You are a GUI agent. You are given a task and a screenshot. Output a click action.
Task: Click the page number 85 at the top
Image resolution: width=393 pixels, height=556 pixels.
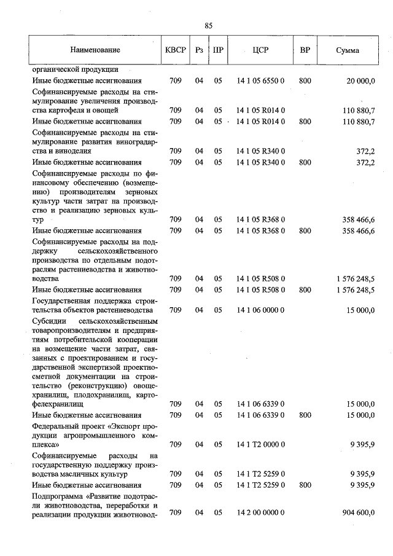point(208,25)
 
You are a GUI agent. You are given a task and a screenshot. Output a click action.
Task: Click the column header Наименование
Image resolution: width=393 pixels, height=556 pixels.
point(95,50)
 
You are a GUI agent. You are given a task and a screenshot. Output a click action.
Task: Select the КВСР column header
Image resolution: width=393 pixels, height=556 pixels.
point(175,50)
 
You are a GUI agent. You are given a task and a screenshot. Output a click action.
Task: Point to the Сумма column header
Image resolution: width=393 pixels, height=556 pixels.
point(348,50)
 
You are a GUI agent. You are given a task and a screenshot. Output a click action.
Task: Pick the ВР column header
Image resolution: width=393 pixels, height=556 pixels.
point(305,50)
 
